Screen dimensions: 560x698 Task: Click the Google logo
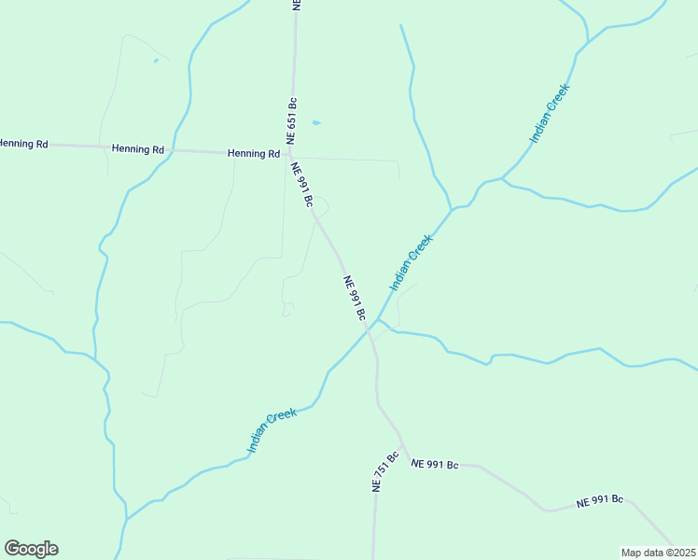click(x=31, y=549)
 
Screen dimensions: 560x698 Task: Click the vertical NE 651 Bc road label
click(x=292, y=119)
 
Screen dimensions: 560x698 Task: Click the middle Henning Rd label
click(x=138, y=149)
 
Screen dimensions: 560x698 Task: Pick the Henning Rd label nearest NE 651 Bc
click(x=254, y=153)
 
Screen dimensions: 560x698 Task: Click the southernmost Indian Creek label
click(x=272, y=430)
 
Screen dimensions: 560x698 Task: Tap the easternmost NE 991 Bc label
click(x=599, y=501)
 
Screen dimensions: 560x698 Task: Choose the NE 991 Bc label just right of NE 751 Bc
click(x=435, y=464)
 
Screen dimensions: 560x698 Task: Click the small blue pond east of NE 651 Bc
click(x=316, y=122)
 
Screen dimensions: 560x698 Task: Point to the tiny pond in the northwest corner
click(x=156, y=62)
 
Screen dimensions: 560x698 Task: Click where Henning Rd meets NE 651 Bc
click(x=289, y=153)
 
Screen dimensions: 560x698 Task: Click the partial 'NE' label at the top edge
click(x=296, y=5)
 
